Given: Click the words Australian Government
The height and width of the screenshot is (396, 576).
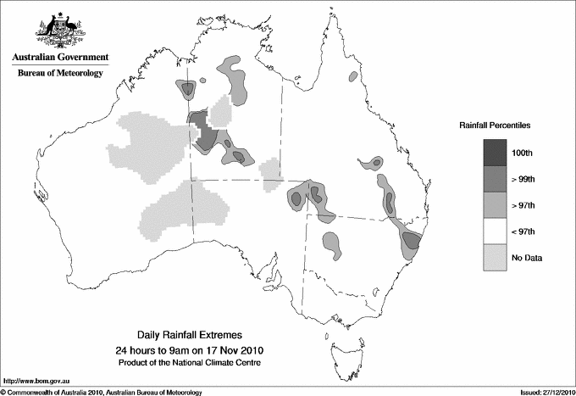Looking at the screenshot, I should tap(58, 58).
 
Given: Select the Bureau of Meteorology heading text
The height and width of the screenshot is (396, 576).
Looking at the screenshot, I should tap(59, 74).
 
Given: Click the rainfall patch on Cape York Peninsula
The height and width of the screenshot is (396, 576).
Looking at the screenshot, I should tap(352, 77).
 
